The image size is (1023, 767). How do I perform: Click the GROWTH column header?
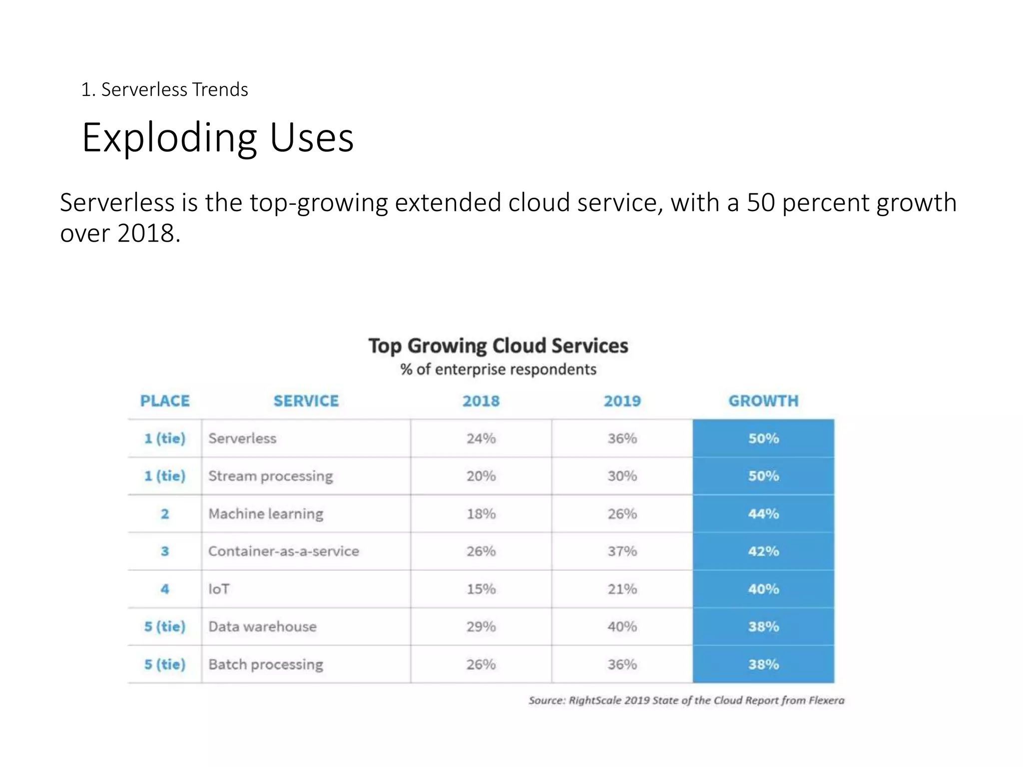[x=763, y=401]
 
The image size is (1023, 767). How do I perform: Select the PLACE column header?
[x=165, y=401]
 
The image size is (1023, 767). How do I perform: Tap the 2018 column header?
[x=481, y=401]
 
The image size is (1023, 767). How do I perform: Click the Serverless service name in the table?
[x=242, y=438]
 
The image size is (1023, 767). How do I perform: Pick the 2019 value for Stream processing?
[x=622, y=476]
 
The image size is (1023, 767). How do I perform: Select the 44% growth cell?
[x=763, y=514]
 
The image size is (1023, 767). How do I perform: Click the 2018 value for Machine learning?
[x=481, y=514]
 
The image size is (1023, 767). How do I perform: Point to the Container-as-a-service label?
[x=283, y=551]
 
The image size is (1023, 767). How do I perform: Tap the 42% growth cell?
[x=763, y=551]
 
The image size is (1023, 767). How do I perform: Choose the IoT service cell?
[x=219, y=589]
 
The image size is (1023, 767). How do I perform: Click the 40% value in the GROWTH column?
[x=763, y=589]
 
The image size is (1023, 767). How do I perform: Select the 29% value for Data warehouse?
[x=481, y=627]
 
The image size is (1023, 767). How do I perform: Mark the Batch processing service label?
[x=265, y=665]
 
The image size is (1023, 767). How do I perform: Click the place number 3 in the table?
[x=165, y=551]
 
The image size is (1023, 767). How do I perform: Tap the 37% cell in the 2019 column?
[x=622, y=551]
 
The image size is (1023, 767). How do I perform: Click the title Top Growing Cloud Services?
[x=498, y=346]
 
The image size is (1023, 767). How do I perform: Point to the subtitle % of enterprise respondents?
[x=498, y=370]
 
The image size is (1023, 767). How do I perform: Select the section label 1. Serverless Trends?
[x=164, y=90]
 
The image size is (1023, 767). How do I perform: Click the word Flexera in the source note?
[x=826, y=700]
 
